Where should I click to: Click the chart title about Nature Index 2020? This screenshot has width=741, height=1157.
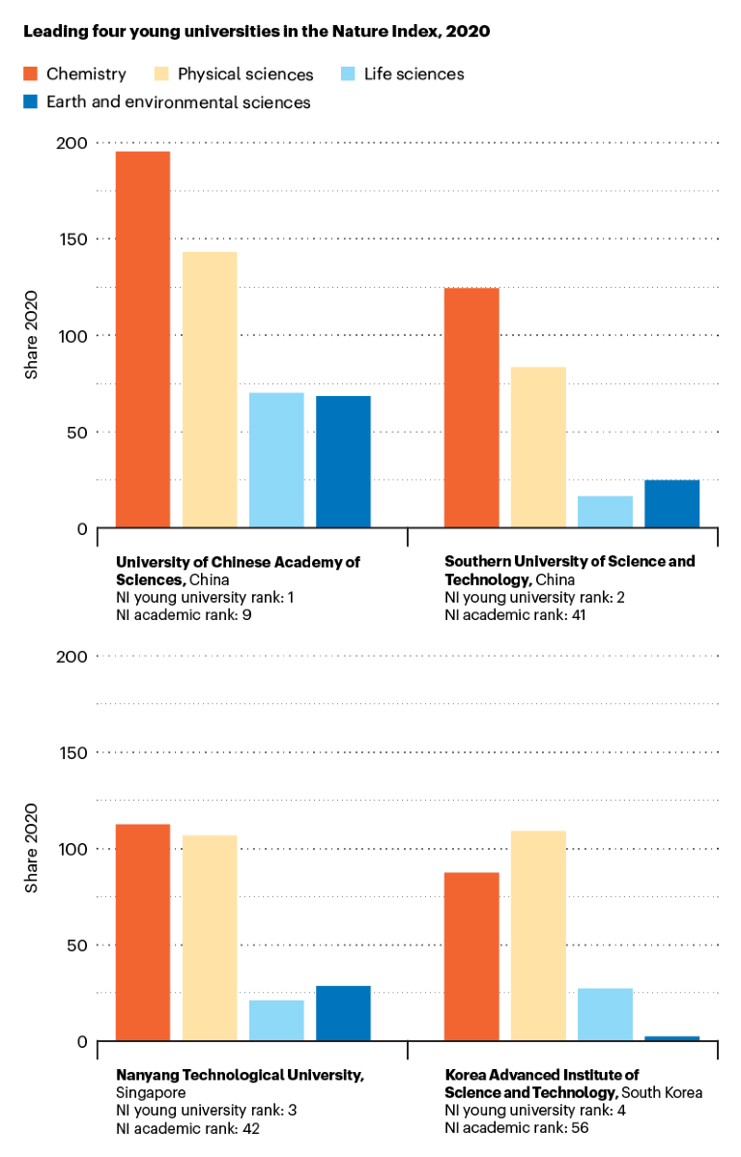pyautogui.click(x=256, y=32)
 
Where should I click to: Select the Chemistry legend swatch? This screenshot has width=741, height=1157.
pyautogui.click(x=30, y=73)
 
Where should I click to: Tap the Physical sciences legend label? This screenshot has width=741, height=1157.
pyautogui.click(x=245, y=74)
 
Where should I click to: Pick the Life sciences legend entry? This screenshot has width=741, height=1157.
pyautogui.click(x=414, y=74)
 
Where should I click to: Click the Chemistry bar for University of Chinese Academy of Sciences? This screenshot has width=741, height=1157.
pyautogui.click(x=143, y=339)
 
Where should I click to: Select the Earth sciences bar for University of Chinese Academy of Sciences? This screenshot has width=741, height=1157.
pyautogui.click(x=343, y=462)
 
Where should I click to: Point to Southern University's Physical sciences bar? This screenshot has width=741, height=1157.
pyautogui.click(x=538, y=447)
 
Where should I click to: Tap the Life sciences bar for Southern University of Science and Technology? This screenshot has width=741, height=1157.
pyautogui.click(x=605, y=512)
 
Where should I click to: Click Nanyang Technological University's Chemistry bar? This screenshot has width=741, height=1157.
pyautogui.click(x=143, y=932)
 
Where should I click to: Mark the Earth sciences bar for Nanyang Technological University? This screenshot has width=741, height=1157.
pyautogui.click(x=343, y=1013)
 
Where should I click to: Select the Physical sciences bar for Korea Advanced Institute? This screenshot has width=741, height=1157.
pyautogui.click(x=538, y=935)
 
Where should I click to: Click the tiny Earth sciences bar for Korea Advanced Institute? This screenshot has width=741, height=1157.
pyautogui.click(x=671, y=1038)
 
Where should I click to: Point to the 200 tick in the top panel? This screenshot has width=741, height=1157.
pyautogui.click(x=71, y=143)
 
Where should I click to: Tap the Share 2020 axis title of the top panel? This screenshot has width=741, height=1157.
pyautogui.click(x=31, y=334)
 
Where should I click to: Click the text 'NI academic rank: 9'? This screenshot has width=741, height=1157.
pyautogui.click(x=184, y=615)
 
